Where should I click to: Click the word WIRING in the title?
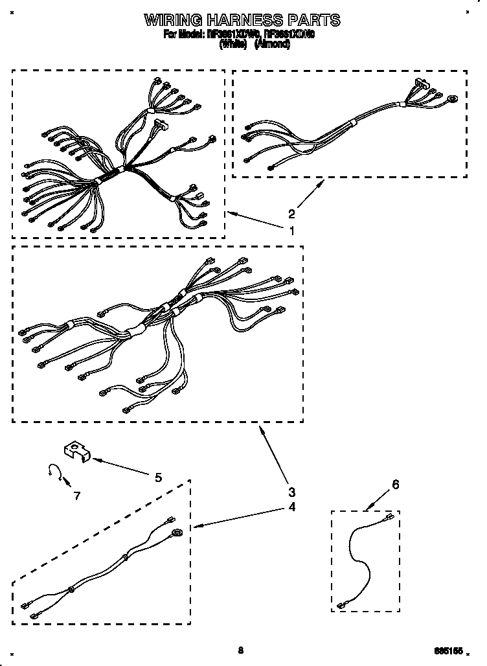click(172, 20)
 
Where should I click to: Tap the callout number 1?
click(292, 229)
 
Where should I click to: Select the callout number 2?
click(292, 214)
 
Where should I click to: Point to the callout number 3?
click(292, 490)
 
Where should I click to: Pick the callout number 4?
click(292, 507)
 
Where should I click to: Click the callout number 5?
click(158, 477)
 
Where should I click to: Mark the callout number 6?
click(396, 484)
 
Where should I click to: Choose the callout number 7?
click(77, 496)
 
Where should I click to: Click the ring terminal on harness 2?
click(451, 98)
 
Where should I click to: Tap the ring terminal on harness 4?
click(176, 533)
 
